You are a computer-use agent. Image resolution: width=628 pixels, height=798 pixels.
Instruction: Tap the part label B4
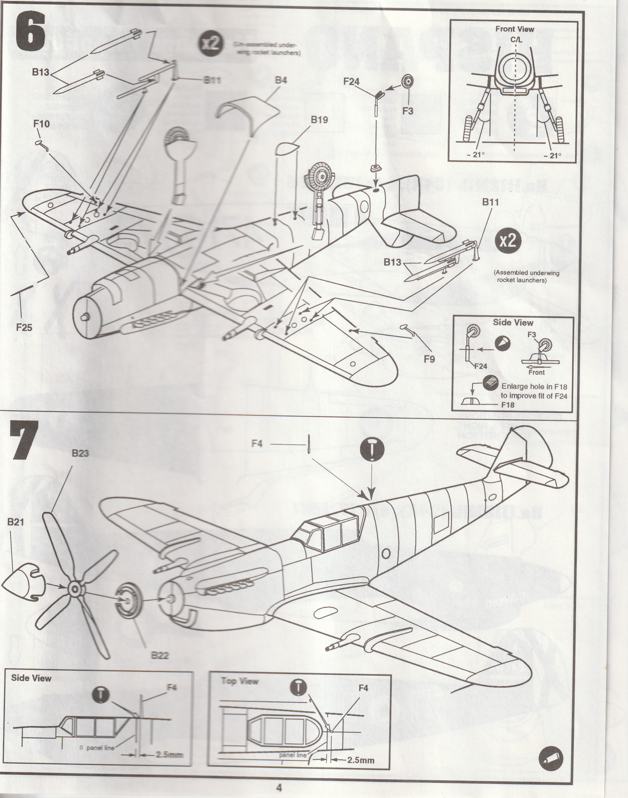point(281,80)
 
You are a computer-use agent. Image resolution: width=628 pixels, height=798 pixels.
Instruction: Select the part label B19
point(319,120)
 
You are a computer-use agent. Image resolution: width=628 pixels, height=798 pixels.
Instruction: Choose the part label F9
point(429,359)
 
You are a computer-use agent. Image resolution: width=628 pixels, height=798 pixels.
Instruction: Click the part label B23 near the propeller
point(80,453)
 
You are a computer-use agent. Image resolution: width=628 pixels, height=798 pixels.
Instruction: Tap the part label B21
point(16,522)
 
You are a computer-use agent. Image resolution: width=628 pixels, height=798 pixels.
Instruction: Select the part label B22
point(160,655)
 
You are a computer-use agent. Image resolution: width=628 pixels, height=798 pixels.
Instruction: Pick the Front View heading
point(514,29)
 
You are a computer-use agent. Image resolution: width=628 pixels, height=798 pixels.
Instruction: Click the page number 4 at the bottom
point(279,787)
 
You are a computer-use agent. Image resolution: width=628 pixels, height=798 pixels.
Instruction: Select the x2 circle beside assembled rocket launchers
point(508,241)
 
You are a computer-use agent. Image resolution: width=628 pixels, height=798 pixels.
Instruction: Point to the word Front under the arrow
point(536,372)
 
